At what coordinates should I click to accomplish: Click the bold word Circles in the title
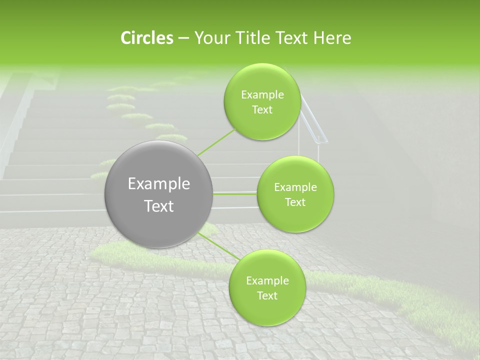pyautogui.click(x=146, y=38)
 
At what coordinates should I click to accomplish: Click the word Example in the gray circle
pyautogui.click(x=159, y=184)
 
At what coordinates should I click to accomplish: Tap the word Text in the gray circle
pyautogui.click(x=159, y=206)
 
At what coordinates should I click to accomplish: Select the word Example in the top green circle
pyautogui.click(x=262, y=95)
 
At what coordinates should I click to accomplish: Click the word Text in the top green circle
pyautogui.click(x=262, y=110)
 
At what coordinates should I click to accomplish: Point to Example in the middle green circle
pyautogui.click(x=295, y=187)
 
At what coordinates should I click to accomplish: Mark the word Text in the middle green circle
pyautogui.click(x=295, y=202)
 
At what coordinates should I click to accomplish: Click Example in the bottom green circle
pyautogui.click(x=267, y=281)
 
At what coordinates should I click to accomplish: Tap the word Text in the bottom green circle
pyautogui.click(x=267, y=296)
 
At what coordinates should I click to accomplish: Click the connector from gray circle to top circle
pyautogui.click(x=216, y=142)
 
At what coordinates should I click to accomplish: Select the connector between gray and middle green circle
pyautogui.click(x=235, y=193)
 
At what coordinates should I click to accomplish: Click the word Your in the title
pyautogui.click(x=209, y=38)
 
